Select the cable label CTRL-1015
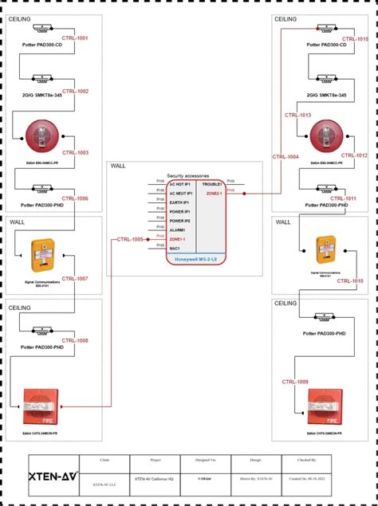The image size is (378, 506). click(355, 38)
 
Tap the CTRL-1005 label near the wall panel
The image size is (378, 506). click(130, 239)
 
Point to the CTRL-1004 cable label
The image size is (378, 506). click(285, 157)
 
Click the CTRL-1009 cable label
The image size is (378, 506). click(295, 382)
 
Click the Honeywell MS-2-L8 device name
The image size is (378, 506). click(196, 259)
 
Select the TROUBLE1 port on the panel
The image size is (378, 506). click(212, 184)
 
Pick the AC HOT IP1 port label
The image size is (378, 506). click(181, 184)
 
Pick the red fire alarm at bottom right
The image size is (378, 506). click(324, 406)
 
